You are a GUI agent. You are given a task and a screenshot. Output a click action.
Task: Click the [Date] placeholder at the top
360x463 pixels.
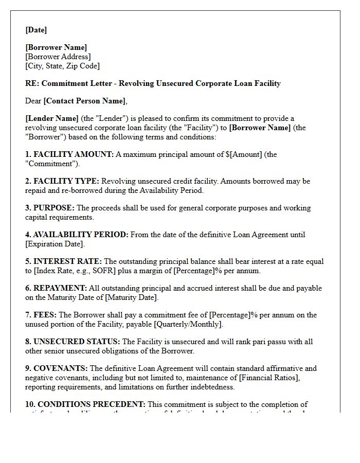[x=36, y=30]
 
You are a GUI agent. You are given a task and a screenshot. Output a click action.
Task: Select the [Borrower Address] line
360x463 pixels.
[x=58, y=57]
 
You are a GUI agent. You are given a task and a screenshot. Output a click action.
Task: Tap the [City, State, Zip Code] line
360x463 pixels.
[x=63, y=66]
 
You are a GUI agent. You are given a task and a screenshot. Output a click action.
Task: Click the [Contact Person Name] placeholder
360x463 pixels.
[x=84, y=101]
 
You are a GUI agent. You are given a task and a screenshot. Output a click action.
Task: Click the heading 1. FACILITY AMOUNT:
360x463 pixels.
[x=69, y=154]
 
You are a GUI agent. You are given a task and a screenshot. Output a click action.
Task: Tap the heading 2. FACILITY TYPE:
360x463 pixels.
[x=62, y=181]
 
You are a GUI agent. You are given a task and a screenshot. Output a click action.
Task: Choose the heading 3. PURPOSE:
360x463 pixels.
[x=50, y=208]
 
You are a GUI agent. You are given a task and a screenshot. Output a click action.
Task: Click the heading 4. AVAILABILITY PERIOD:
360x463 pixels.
[x=77, y=235]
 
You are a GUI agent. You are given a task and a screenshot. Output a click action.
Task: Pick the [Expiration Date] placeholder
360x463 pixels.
[x=55, y=244]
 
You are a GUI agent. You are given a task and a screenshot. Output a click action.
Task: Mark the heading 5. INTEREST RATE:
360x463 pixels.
[x=64, y=261]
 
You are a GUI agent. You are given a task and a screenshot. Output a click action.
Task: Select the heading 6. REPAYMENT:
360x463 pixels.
[x=56, y=288]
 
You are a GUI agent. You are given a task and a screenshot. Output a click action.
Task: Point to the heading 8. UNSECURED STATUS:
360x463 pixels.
[x=73, y=342]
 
